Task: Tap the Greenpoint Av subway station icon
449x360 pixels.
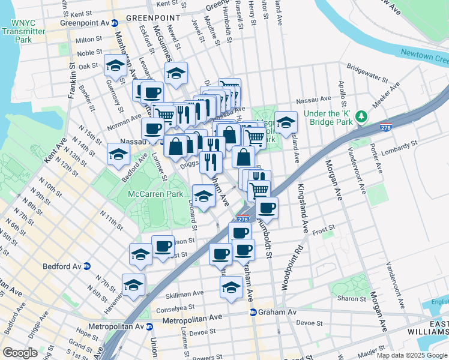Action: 114,23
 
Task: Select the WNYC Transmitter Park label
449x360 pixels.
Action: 23,31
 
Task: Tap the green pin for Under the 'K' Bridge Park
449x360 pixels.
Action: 361,115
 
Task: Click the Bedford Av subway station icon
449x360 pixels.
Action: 87,266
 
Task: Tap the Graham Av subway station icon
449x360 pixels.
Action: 253,313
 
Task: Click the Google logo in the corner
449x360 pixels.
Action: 20,353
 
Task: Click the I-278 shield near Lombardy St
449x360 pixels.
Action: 387,127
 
